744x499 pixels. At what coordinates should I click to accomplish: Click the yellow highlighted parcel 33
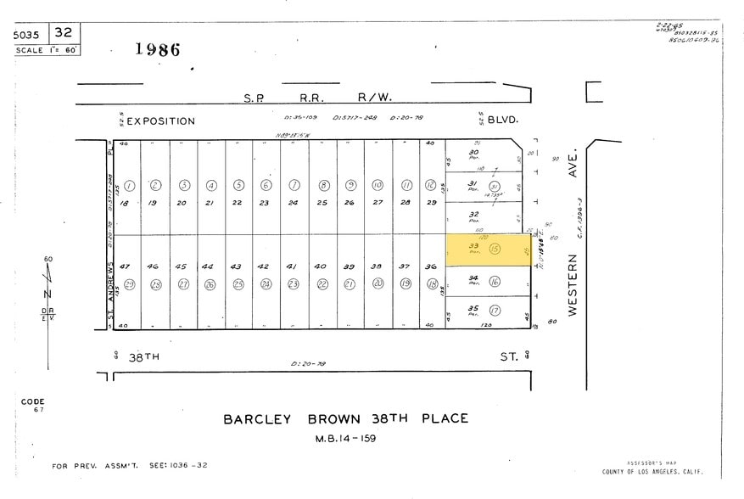pos(488,249)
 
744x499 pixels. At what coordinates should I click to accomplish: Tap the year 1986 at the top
pos(158,49)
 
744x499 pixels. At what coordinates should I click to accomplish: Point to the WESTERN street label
pos(573,288)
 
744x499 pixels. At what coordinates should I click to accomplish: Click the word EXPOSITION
pos(161,121)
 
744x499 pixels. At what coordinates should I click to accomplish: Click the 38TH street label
pos(143,358)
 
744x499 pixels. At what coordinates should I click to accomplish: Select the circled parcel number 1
pos(129,185)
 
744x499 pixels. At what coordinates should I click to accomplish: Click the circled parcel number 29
pos(129,284)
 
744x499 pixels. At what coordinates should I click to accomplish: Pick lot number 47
pos(126,266)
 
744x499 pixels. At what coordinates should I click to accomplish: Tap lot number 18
pos(126,203)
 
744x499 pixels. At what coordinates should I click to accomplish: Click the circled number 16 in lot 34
pos(495,282)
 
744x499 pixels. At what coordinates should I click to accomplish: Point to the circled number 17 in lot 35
pos(495,311)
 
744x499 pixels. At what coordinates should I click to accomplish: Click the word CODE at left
pos(33,401)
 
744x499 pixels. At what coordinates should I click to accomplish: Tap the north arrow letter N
pos(48,294)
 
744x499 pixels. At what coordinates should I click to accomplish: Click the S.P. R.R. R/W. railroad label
pos(319,98)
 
